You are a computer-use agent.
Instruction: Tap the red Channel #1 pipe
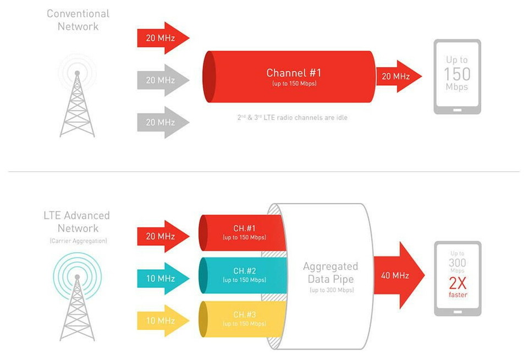pos(291,77)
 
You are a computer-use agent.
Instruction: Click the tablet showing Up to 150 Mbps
pos(457,77)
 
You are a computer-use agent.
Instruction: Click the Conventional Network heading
pos(78,20)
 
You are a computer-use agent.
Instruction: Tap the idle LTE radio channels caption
pos(292,117)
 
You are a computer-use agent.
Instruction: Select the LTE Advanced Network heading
pos(76,221)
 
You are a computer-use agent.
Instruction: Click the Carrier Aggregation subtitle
pos(77,241)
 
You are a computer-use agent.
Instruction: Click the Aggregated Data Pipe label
pos(330,273)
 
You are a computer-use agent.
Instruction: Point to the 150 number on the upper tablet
pos(457,74)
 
